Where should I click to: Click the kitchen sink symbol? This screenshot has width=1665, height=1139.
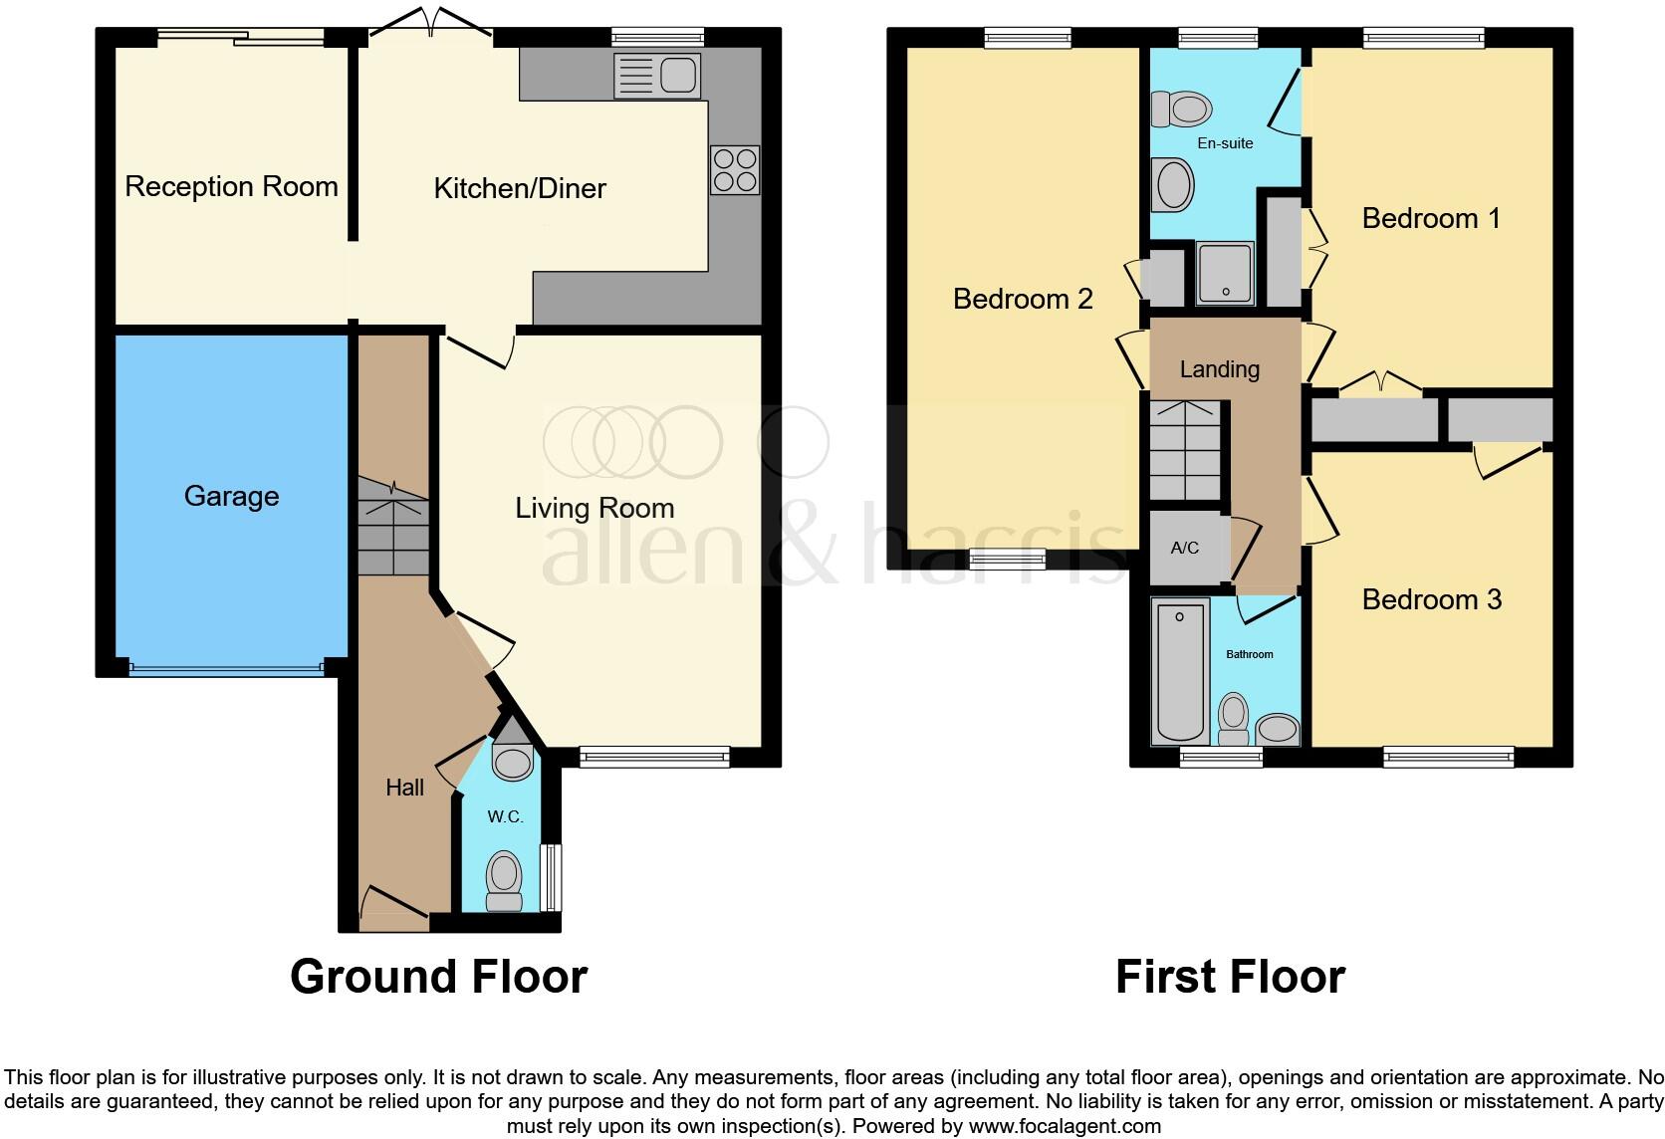click(657, 76)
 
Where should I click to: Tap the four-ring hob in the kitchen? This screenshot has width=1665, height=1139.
click(735, 169)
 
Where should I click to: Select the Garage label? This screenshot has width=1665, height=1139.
click(231, 496)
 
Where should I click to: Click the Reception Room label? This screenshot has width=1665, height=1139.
click(231, 186)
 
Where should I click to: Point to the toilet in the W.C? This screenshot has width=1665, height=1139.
click(505, 881)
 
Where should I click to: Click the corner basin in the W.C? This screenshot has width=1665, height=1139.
click(513, 759)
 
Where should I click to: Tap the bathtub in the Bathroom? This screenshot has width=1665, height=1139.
click(1180, 670)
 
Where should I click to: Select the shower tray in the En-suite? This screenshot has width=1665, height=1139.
click(1225, 272)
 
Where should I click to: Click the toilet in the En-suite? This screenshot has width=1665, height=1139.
click(1181, 109)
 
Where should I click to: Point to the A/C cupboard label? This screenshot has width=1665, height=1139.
click(1184, 548)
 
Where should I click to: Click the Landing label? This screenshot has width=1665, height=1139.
click(1219, 369)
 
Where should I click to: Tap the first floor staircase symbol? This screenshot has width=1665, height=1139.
click(1185, 450)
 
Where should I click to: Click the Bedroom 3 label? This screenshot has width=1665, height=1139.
click(1431, 599)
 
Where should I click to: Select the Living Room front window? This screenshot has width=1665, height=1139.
click(654, 758)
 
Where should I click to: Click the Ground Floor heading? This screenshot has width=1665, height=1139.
click(438, 977)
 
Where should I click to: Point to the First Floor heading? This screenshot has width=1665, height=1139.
click(1230, 977)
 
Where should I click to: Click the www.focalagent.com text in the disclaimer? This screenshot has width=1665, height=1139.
click(1064, 1127)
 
